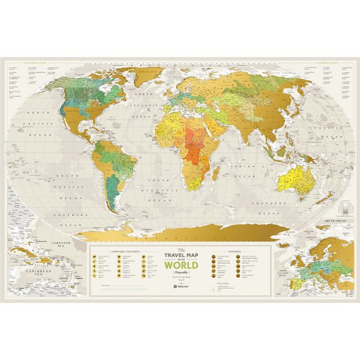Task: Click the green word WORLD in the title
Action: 179,264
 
